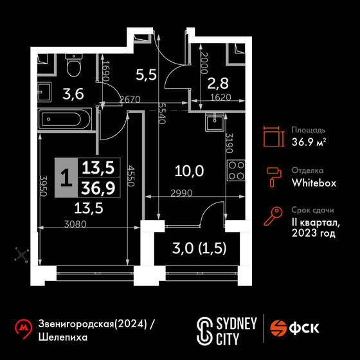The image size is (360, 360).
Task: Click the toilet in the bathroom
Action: [x=74, y=65]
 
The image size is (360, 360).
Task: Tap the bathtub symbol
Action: [x=66, y=119]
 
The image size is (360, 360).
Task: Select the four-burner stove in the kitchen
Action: [x=236, y=170]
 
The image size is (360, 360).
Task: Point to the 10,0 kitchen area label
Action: [x=189, y=171]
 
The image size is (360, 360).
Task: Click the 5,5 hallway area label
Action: [x=147, y=75]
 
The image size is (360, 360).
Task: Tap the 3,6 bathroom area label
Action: [x=73, y=94]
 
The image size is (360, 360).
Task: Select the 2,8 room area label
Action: [x=218, y=83]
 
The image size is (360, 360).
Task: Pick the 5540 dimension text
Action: [x=162, y=113]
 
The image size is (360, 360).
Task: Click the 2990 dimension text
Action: [x=181, y=194]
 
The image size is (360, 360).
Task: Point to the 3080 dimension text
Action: [x=75, y=224]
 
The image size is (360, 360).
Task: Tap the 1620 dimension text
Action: [x=221, y=98]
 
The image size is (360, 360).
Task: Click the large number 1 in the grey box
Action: [x=66, y=177]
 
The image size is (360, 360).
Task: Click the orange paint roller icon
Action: [x=274, y=177]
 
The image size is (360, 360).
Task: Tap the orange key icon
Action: [x=273, y=216]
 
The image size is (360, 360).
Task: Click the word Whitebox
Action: [x=314, y=183]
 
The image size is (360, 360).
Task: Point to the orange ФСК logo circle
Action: [x=278, y=328]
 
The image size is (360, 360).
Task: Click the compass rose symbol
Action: [x=22, y=255]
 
